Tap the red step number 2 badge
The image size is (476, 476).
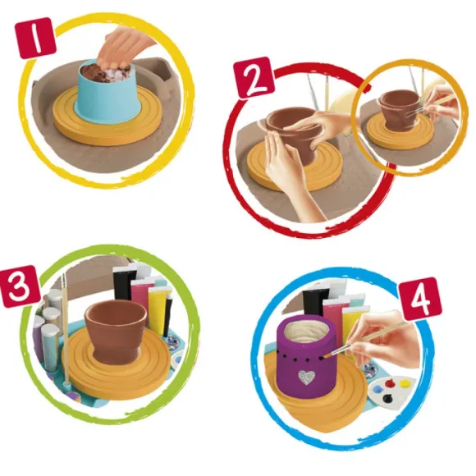255,78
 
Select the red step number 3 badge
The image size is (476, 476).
21,286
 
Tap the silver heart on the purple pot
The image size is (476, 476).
306,378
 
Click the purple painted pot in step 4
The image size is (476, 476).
306,358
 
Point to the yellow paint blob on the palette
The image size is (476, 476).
405,384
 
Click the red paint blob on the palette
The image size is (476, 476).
390,383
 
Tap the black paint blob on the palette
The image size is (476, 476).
387,397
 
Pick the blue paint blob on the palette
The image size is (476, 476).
376,389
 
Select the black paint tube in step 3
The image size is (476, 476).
123,283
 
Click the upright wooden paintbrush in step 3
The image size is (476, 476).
66,331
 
